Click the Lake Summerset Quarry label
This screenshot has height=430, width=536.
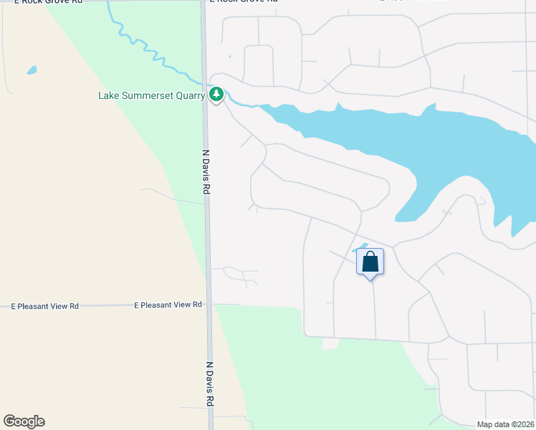pos(151,95)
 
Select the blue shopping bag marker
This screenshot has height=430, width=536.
pos(370,262)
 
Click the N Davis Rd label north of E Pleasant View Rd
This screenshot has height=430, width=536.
pos(206,173)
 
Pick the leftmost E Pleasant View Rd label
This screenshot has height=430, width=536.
pos(45,306)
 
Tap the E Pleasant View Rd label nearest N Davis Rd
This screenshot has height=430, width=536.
pos(168,305)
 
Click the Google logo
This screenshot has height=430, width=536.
pos(24,421)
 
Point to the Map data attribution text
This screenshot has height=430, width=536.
pos(505,424)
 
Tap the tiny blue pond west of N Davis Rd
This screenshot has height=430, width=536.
pos(31,70)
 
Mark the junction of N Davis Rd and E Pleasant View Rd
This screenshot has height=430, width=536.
pos(209,305)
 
